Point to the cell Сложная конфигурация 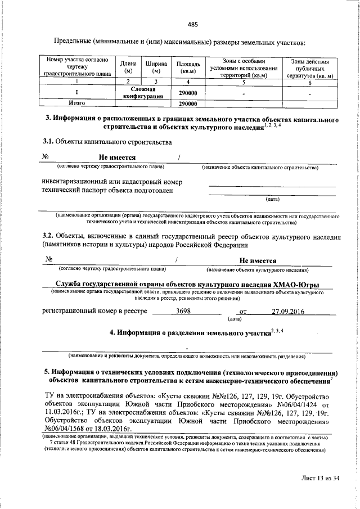point(142,93)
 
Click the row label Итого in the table point(76,103)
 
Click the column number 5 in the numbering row point(244,82)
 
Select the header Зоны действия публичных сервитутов point(310,67)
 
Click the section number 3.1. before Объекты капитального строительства point(49,143)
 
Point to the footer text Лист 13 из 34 point(321,478)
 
